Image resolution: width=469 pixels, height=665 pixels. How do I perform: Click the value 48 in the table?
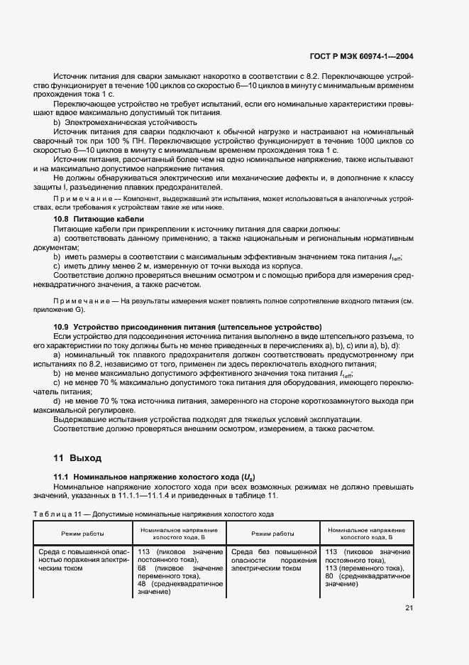tap(143, 584)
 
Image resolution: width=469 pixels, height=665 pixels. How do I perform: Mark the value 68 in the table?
tap(143, 568)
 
